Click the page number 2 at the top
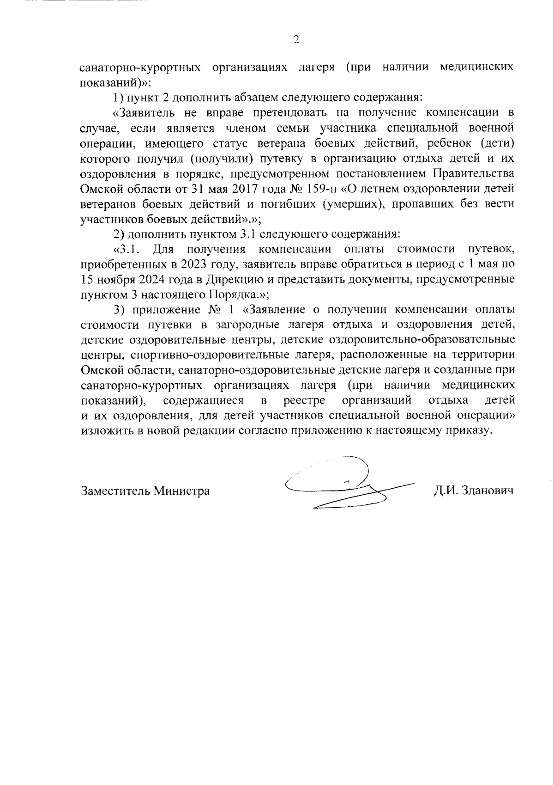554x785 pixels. click(296, 40)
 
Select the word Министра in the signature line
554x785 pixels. click(182, 491)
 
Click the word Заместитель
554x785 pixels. click(115, 491)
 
